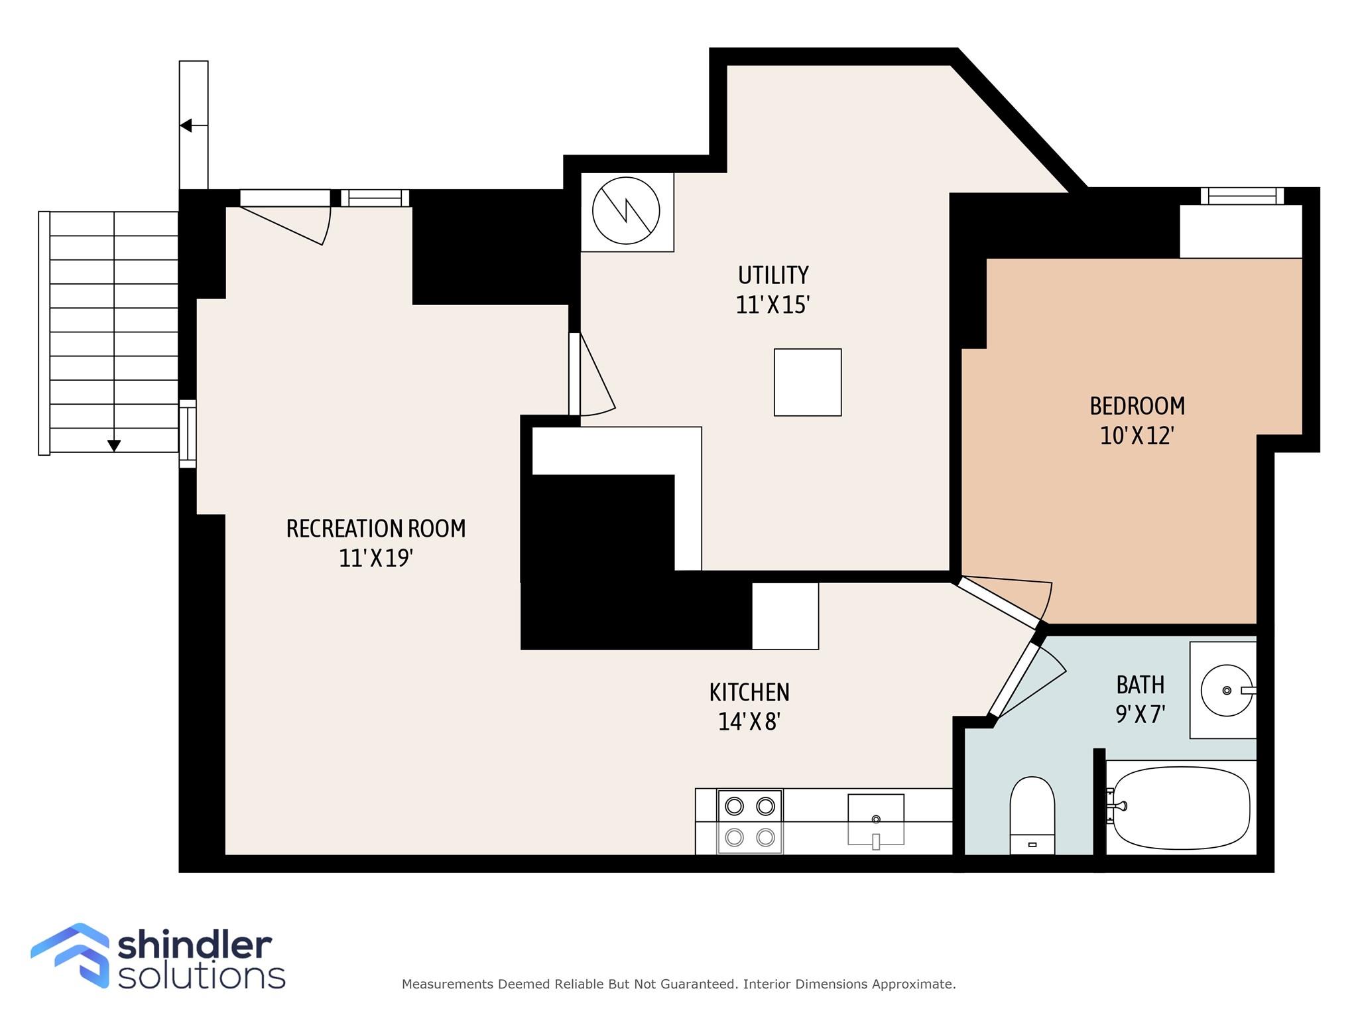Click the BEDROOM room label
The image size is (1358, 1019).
(x=1137, y=406)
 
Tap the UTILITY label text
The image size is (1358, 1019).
(x=773, y=275)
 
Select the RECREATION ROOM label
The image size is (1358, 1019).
(x=376, y=529)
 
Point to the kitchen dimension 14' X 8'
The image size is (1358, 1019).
(x=749, y=722)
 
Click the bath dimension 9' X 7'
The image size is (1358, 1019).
(x=1141, y=714)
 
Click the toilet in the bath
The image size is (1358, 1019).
(x=1032, y=815)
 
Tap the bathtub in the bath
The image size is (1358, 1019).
(x=1182, y=807)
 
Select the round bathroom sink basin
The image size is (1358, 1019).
(x=1227, y=691)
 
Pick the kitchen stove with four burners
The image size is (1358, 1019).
(x=750, y=821)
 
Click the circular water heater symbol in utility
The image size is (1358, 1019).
(x=626, y=212)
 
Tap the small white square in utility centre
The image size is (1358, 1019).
(x=808, y=383)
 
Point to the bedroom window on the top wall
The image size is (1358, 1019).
(x=1242, y=196)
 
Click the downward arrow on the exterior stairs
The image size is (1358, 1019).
(x=114, y=445)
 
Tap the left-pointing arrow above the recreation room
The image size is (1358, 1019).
(x=186, y=125)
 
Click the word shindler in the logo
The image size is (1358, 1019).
(x=195, y=945)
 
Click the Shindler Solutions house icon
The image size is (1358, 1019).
(x=70, y=955)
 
